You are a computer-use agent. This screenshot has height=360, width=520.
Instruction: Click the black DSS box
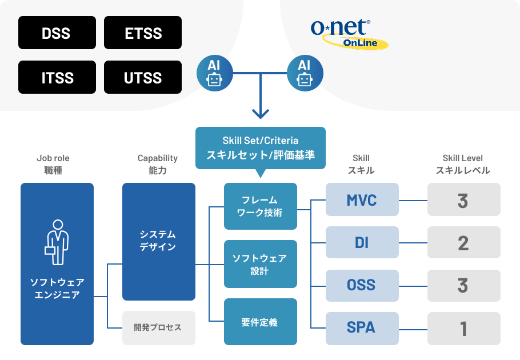coord(56,33)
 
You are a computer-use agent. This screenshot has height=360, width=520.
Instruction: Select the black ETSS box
coord(143,33)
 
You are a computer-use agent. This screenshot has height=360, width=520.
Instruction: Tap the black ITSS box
coord(56,77)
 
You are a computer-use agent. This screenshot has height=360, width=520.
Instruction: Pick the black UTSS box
coord(143,77)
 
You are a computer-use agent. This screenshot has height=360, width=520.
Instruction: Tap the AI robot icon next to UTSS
coord(214,73)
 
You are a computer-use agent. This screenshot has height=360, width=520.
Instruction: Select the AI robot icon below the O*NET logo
coord(305,73)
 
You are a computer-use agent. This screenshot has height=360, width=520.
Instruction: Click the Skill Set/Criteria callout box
coord(261,147)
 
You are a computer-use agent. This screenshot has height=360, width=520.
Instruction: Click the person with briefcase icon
coord(57,242)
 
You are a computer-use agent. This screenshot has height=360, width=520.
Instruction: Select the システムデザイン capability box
coord(158,241)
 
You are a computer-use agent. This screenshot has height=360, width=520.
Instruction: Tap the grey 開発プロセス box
coord(158,327)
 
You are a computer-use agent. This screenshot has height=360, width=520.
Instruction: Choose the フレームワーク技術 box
coord(261,206)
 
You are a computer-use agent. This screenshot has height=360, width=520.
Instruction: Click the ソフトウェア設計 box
coord(261,264)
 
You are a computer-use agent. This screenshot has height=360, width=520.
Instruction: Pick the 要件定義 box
coord(261,322)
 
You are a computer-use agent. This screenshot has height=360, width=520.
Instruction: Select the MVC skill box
coord(362,199)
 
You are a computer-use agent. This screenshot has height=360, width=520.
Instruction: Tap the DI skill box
coord(362,242)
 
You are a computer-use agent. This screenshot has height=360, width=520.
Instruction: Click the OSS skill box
coord(362,285)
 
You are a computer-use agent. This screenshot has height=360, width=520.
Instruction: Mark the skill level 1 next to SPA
coord(463,328)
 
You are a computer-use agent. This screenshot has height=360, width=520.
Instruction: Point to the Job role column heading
coord(57,164)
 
